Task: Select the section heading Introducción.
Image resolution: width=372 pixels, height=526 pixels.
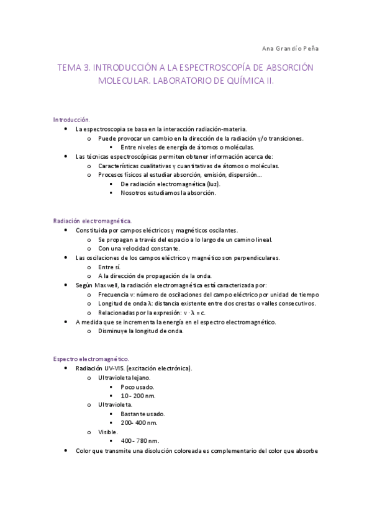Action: (71, 119)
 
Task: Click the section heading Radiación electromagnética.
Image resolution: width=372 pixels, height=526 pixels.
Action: (93, 220)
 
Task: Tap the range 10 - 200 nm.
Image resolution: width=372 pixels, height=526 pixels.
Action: (138, 395)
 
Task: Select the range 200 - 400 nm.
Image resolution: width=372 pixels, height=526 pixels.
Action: (139, 422)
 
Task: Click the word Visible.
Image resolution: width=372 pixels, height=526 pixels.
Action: (108, 432)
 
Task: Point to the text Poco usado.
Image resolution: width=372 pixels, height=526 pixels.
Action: (137, 386)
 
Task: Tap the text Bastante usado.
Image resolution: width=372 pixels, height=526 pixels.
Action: (143, 414)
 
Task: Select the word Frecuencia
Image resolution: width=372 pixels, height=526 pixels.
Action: (113, 294)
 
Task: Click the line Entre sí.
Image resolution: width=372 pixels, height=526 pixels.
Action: (109, 267)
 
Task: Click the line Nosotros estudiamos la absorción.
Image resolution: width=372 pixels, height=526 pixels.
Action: (168, 193)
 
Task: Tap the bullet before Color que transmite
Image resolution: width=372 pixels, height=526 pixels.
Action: (66, 451)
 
